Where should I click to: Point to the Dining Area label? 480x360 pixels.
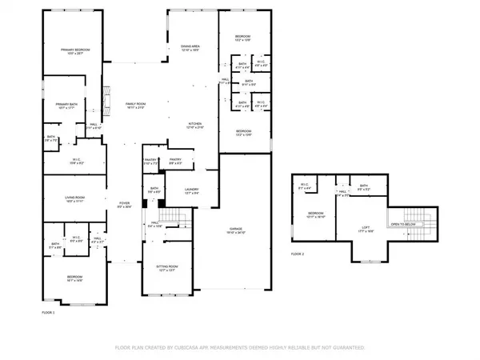[x=189, y=49]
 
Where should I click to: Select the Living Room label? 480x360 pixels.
[x=74, y=199]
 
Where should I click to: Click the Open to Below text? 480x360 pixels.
[x=406, y=226]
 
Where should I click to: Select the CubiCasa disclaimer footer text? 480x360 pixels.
[x=240, y=348]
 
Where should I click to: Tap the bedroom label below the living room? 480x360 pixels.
[x=74, y=278]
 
